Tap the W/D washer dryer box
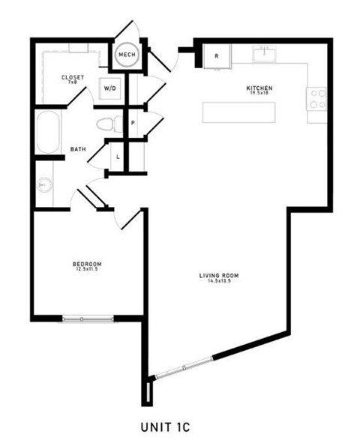pyautogui.click(x=110, y=88)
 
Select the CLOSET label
pyautogui.click(x=72, y=77)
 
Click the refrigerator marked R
pyautogui.click(x=217, y=55)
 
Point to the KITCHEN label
pyautogui.click(x=259, y=88)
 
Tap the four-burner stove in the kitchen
pyautogui.click(x=317, y=98)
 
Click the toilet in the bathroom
pyautogui.click(x=106, y=123)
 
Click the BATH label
pyautogui.click(x=78, y=149)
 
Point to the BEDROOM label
pyautogui.click(x=87, y=264)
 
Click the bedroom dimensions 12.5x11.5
pyautogui.click(x=87, y=270)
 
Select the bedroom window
pyautogui.click(x=87, y=319)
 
